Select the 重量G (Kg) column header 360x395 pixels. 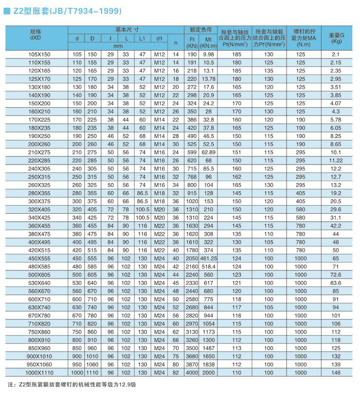[x=336, y=38]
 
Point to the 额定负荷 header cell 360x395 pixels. [x=200, y=29]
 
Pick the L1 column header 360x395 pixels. [x=143, y=38]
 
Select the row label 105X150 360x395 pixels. [x=36, y=55]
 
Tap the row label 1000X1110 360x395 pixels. [x=36, y=373]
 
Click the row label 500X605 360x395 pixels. [x=36, y=274]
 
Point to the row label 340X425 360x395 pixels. [x=36, y=217]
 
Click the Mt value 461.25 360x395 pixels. [x=208, y=258]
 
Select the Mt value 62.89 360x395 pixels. [x=208, y=152]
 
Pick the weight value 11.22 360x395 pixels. [x=336, y=160]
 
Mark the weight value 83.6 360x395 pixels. [x=336, y=282]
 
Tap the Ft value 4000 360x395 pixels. [x=191, y=373]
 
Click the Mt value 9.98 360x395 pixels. [x=208, y=55]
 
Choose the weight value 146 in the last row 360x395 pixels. [x=336, y=373]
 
